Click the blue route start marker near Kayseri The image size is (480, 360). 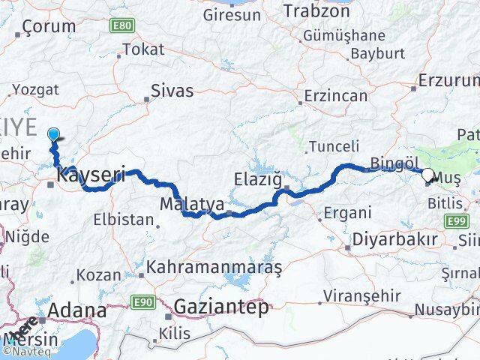pyautogui.click(x=54, y=134)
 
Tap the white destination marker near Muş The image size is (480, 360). pyautogui.click(x=427, y=175)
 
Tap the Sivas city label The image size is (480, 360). pyautogui.click(x=171, y=91)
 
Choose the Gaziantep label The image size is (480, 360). pyautogui.click(x=220, y=306)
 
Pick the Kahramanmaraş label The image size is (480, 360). pyautogui.click(x=214, y=266)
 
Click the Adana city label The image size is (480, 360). pyautogui.click(x=77, y=310)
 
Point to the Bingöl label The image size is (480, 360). pyautogui.click(x=393, y=163)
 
